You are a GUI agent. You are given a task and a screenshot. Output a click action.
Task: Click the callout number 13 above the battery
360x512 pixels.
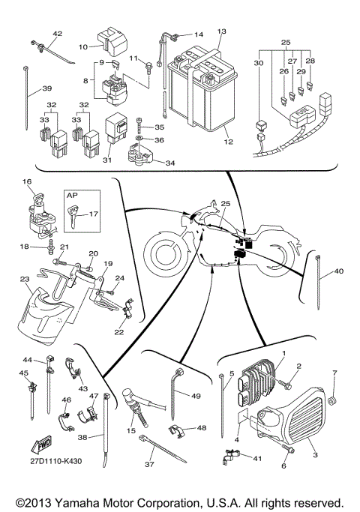pyautogui.click(x=221, y=31)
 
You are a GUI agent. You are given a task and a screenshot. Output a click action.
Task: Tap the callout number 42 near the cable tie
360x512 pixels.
pyautogui.click(x=58, y=34)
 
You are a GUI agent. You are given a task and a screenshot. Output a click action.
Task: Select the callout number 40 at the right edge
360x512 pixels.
pyautogui.click(x=338, y=271)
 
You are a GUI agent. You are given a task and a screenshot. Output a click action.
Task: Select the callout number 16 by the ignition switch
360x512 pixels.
pyautogui.click(x=26, y=182)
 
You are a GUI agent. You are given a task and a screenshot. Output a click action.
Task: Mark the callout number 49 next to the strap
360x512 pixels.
pyautogui.click(x=196, y=396)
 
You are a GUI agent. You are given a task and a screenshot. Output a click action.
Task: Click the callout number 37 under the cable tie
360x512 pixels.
pyautogui.click(x=150, y=464)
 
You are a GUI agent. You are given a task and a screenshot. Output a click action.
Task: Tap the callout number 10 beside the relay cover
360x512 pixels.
pyautogui.click(x=83, y=46)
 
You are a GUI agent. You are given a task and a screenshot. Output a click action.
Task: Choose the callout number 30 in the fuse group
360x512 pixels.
pyautogui.click(x=259, y=64)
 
